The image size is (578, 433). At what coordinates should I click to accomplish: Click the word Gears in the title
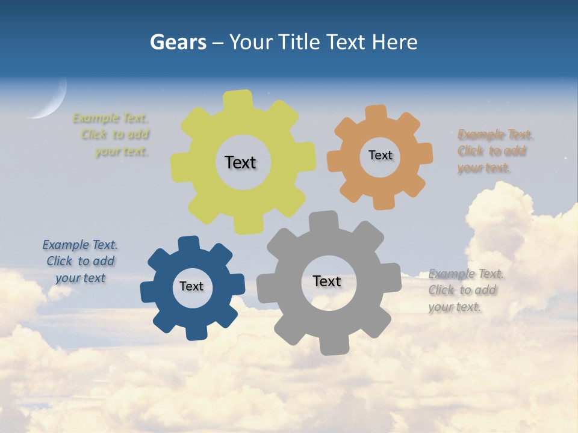pyautogui.click(x=178, y=42)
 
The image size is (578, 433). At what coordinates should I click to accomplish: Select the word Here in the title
pyautogui.click(x=394, y=42)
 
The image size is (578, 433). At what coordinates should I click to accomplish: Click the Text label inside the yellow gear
pyautogui.click(x=240, y=162)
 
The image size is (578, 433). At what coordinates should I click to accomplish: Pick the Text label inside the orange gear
pyautogui.click(x=380, y=155)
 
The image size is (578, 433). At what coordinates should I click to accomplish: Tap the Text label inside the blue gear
pyautogui.click(x=191, y=286)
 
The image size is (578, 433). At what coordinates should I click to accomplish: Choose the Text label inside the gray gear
pyautogui.click(x=327, y=281)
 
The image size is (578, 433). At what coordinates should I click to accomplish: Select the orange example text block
pyautogui.click(x=495, y=151)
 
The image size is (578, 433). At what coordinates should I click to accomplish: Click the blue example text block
pyautogui.click(x=80, y=261)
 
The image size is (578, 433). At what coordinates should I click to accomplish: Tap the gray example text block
pyautogui.click(x=466, y=290)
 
